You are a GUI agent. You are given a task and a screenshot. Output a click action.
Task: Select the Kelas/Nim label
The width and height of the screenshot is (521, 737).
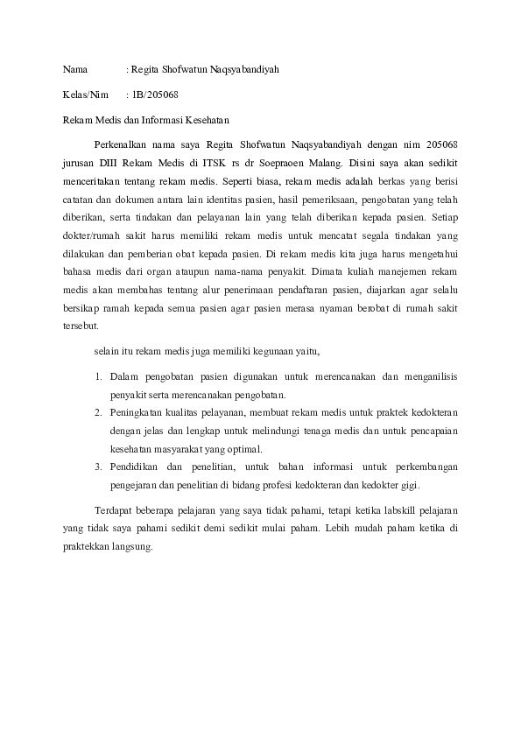(x=85, y=92)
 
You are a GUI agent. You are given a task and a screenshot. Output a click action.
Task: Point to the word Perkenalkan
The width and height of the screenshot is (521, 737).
(x=123, y=144)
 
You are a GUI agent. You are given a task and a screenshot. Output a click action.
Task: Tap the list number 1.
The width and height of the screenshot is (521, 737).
(x=97, y=376)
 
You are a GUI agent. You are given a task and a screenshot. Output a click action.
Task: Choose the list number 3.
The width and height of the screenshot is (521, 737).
(x=97, y=467)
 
